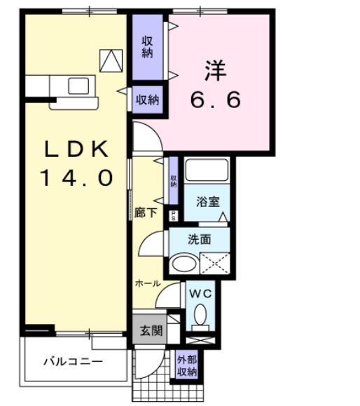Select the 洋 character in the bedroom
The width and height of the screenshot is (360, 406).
pos(216,70)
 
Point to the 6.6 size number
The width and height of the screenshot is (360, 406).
pos(216,100)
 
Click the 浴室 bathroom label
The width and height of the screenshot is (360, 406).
pos(208,201)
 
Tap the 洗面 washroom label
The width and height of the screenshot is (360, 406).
pos(199,239)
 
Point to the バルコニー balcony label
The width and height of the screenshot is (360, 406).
pos(74,362)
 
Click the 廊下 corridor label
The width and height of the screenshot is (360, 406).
pos(145,212)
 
